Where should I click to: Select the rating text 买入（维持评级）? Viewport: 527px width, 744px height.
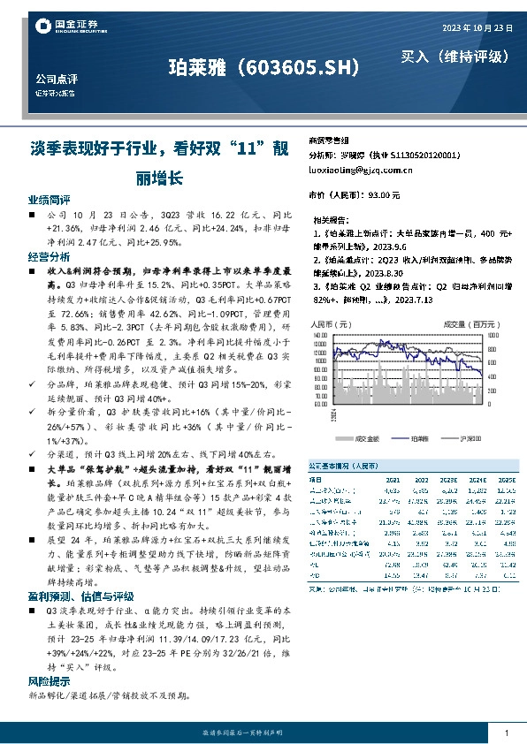455,57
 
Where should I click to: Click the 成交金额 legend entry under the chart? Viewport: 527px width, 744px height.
366,437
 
